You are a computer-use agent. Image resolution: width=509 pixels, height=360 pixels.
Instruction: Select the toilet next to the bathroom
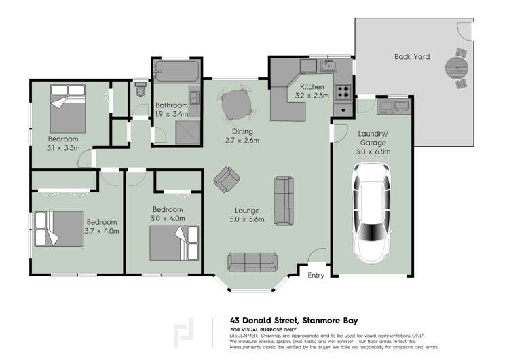(x=140, y=90)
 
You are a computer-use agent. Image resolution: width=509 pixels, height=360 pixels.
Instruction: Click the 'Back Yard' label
(x=411, y=57)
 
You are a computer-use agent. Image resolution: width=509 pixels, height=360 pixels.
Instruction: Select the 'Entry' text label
(x=316, y=275)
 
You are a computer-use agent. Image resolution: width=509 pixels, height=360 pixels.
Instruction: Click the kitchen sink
(x=328, y=66)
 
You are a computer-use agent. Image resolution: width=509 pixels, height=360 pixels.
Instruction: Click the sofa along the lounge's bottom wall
(x=252, y=262)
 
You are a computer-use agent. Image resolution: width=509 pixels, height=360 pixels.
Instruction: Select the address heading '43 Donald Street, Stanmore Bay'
(x=293, y=320)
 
